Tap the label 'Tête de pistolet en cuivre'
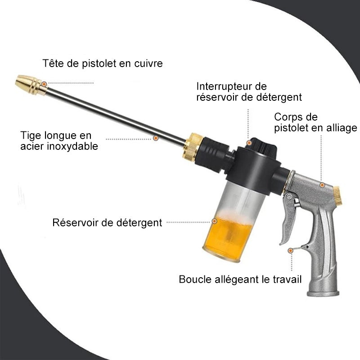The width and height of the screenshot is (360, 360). tap(103, 63)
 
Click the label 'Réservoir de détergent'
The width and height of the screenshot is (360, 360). tap(107, 222)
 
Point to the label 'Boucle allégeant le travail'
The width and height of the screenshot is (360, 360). tap(240, 279)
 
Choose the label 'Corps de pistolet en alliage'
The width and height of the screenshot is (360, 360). tap(315, 122)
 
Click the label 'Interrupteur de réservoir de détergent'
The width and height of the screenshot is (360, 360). tap(249, 91)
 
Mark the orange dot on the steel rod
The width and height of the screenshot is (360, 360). tap(156, 138)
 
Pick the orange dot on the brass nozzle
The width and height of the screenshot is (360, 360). tap(44, 83)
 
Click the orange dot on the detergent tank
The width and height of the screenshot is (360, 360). tap(215, 221)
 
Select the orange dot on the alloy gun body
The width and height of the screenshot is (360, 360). tap(322, 184)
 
